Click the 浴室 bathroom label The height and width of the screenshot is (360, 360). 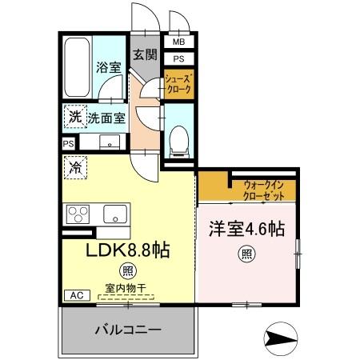click(x=110, y=68)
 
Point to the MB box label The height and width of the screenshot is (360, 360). click(x=178, y=42)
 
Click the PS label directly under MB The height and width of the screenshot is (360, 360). click(x=178, y=58)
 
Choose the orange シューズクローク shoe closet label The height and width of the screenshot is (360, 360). click(x=178, y=85)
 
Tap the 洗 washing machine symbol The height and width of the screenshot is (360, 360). click(x=74, y=117)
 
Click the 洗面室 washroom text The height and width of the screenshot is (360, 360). click(x=106, y=117)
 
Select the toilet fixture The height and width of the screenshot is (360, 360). click(x=178, y=139)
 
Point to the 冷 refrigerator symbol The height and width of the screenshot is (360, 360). click(x=74, y=168)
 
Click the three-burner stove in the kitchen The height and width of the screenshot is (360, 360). click(x=79, y=214)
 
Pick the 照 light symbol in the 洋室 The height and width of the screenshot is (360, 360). click(x=248, y=256)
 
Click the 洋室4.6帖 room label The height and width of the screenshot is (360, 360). click(x=246, y=229)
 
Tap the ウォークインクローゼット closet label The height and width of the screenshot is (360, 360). click(x=265, y=190)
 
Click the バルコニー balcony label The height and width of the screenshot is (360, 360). click(x=129, y=330)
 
